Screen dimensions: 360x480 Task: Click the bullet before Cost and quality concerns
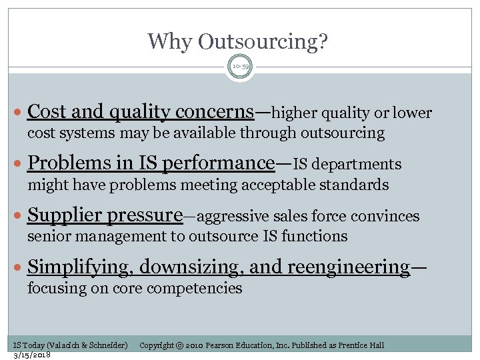[21, 113]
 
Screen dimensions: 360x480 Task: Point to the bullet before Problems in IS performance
[21, 164]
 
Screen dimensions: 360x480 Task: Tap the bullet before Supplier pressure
[21, 216]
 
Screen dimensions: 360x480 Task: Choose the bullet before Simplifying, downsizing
[21, 268]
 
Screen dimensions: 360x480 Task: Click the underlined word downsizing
[177, 267]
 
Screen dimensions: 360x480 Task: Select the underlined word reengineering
[349, 267]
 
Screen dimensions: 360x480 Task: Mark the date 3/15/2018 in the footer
[33, 354]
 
